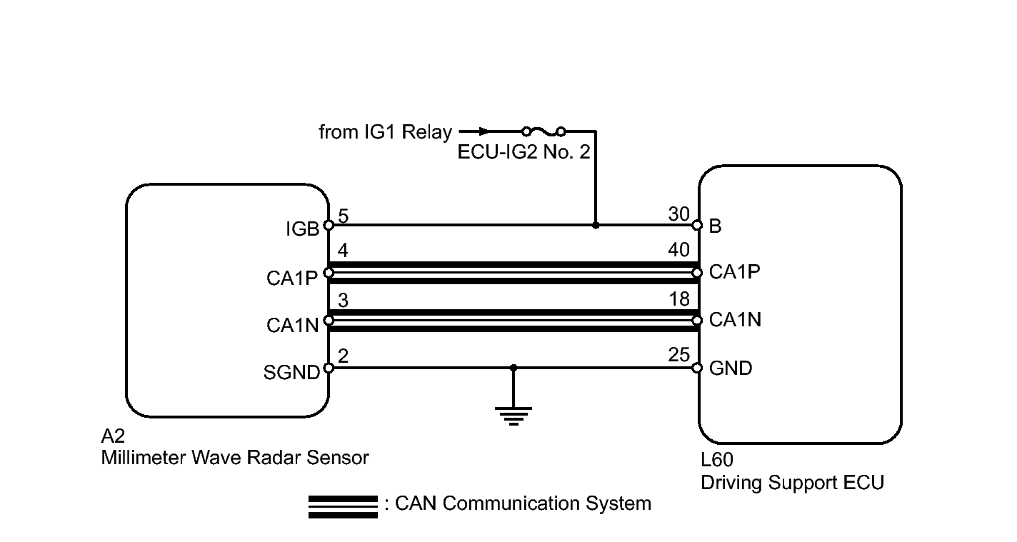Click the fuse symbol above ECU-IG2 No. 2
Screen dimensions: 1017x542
(543, 131)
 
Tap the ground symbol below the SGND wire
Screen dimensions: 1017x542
(513, 416)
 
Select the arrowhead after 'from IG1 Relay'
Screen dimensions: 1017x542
(484, 131)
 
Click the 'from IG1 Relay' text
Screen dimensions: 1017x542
(385, 132)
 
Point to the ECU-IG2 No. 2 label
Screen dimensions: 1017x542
(523, 151)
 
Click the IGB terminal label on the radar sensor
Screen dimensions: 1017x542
(302, 229)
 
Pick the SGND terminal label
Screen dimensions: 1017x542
(292, 373)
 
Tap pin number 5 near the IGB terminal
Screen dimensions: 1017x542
(344, 216)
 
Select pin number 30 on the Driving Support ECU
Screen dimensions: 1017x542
(678, 214)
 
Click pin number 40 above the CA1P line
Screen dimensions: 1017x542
(678, 250)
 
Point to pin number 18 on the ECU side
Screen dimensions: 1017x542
(679, 299)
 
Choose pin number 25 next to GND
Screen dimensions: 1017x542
(678, 354)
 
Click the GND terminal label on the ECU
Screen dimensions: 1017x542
(731, 368)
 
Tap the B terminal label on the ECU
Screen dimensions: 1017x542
(715, 226)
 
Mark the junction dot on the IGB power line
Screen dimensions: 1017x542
(596, 225)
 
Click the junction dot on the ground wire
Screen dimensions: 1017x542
(513, 368)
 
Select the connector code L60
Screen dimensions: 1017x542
(717, 460)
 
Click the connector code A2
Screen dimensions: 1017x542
(113, 436)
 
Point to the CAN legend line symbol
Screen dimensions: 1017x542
(343, 506)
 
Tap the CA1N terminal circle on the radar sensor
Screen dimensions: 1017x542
(329, 321)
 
